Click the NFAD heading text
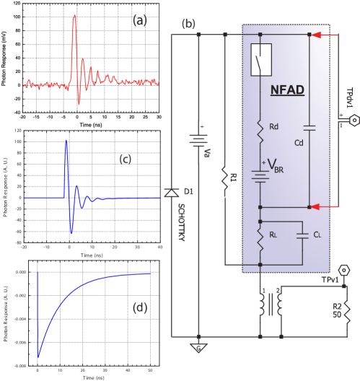(286, 90)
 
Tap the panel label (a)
(140, 20)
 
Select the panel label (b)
(189, 24)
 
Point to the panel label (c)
(126, 159)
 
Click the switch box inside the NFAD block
(260, 60)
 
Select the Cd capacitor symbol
(309, 128)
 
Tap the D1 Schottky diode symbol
(171, 193)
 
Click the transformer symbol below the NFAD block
(271, 306)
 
